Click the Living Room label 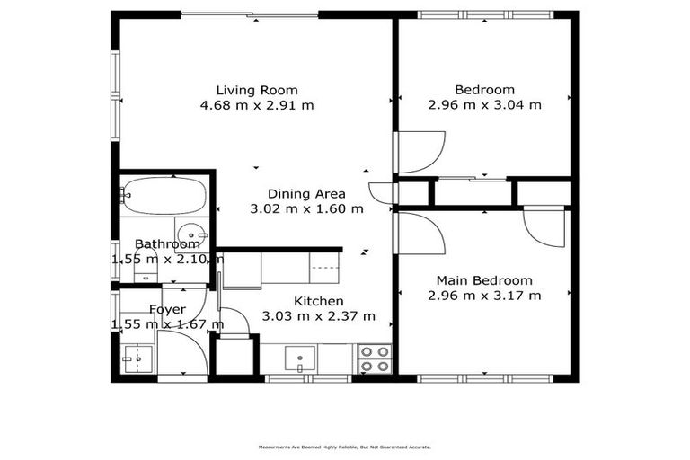pos(256,90)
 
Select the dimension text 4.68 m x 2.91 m pos(256,105)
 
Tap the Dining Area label pos(305,194)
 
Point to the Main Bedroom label pos(484,280)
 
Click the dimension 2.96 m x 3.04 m pos(484,105)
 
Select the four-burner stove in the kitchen pos(374,359)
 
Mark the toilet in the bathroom pos(144,261)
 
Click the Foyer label pos(167,310)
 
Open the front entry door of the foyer pos(182,355)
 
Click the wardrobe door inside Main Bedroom pos(544,228)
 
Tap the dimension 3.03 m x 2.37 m pos(318,316)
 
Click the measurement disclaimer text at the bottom pos(344,446)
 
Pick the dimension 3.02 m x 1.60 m pos(305,209)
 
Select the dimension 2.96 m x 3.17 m pos(484,296)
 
